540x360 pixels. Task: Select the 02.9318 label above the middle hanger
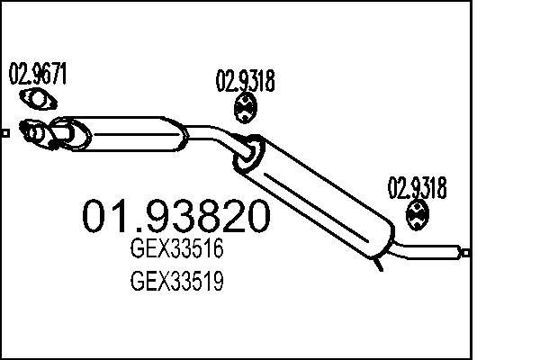point(244,83)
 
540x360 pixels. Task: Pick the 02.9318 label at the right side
point(417,187)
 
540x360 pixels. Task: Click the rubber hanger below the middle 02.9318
point(244,111)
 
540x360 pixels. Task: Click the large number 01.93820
point(175,217)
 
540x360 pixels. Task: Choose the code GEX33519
point(177,283)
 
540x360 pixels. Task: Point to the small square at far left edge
point(4,134)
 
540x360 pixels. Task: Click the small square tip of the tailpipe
point(464,253)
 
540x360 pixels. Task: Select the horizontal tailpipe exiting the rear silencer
point(432,247)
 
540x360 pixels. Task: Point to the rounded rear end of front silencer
point(180,137)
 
